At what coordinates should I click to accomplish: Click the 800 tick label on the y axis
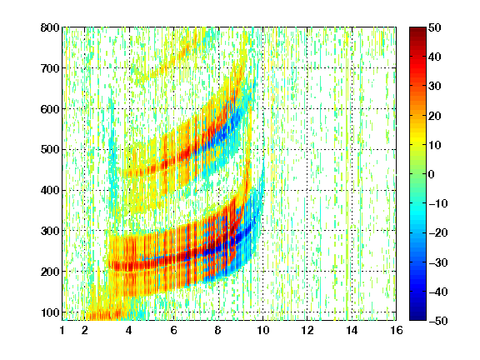click(50, 27)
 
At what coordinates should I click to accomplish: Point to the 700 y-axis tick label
click(50, 68)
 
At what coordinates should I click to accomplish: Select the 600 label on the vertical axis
click(50, 109)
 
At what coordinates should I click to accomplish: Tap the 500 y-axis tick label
click(50, 150)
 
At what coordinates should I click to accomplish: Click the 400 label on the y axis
click(50, 190)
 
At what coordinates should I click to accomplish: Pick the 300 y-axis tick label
click(50, 231)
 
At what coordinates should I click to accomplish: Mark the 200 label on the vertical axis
click(50, 272)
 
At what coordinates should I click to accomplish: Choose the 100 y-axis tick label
click(50, 312)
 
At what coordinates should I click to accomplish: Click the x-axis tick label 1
click(62, 330)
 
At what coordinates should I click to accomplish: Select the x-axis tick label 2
click(85, 330)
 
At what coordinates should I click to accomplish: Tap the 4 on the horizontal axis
click(129, 330)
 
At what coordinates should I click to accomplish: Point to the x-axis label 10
click(262, 330)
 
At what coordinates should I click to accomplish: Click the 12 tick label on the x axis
click(307, 330)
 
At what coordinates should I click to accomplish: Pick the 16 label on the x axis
click(396, 330)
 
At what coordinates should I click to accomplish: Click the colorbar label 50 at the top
click(434, 27)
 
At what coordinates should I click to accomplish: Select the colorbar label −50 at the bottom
click(438, 321)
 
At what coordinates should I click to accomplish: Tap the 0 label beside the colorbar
click(432, 174)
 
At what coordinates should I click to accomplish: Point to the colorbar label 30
click(434, 87)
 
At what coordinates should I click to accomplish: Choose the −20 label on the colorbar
click(438, 232)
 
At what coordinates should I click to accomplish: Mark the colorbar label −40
click(438, 292)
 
